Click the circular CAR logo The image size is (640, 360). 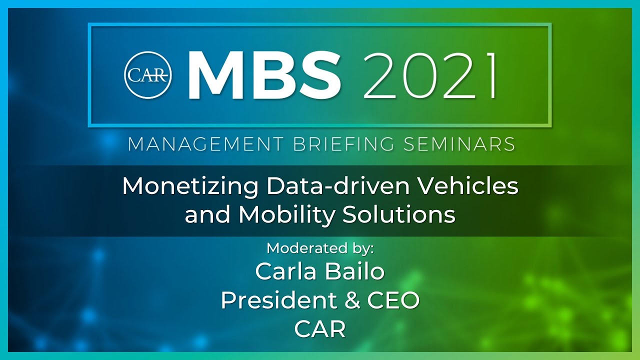click(148, 74)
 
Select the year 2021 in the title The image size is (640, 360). click(430, 74)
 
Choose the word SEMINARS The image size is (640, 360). click(458, 144)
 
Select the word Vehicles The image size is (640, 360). click(467, 186)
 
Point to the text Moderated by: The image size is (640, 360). click(320, 248)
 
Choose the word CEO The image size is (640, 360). click(393, 300)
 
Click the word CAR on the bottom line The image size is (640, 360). click(320, 329)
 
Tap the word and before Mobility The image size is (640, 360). click(208, 214)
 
